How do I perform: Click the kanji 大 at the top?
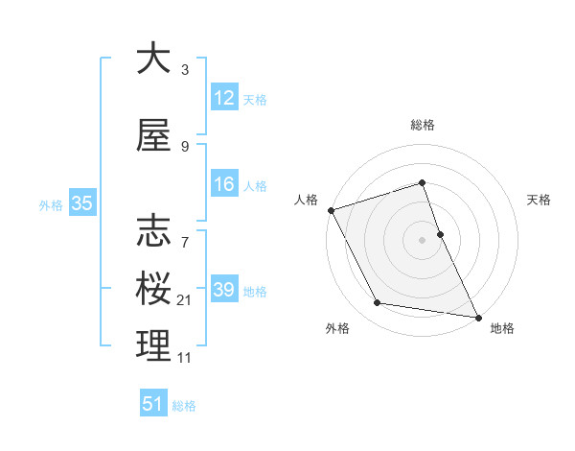[x=153, y=59]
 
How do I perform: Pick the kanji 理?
[x=153, y=345]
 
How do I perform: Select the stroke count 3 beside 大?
[x=185, y=70]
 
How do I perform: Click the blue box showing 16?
[x=224, y=184]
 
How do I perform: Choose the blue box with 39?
[x=224, y=290]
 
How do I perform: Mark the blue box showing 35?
[x=81, y=203]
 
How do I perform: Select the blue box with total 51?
[x=152, y=404]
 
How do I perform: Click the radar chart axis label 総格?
[x=422, y=126]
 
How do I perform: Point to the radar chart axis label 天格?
[x=540, y=200]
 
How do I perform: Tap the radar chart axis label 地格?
[x=502, y=328]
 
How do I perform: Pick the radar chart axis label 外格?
[x=337, y=328]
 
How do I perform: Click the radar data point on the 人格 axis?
[x=332, y=210]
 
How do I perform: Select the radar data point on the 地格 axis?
[x=477, y=316]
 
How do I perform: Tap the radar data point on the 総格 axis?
[x=422, y=182]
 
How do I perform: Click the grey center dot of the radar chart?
[x=422, y=240]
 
